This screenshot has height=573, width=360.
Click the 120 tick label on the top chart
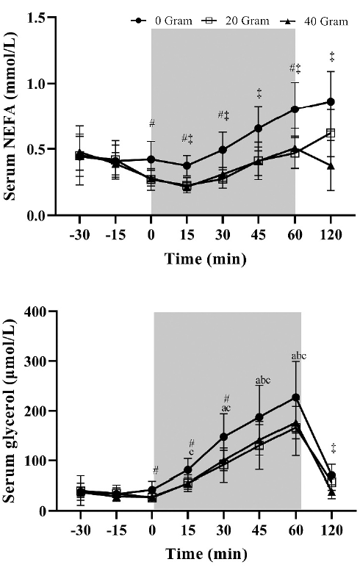click(331, 237)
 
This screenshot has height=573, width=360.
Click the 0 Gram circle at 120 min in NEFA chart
click(331, 102)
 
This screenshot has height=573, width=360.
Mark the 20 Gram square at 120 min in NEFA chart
click(331, 133)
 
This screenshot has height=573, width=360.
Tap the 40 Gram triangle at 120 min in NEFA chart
click(331, 165)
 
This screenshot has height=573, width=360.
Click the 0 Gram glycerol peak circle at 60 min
click(296, 397)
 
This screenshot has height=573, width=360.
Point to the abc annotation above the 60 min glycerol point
click(298, 356)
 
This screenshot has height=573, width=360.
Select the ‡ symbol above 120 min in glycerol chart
click(332, 447)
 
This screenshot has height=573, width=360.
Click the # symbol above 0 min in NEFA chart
click(151, 123)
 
